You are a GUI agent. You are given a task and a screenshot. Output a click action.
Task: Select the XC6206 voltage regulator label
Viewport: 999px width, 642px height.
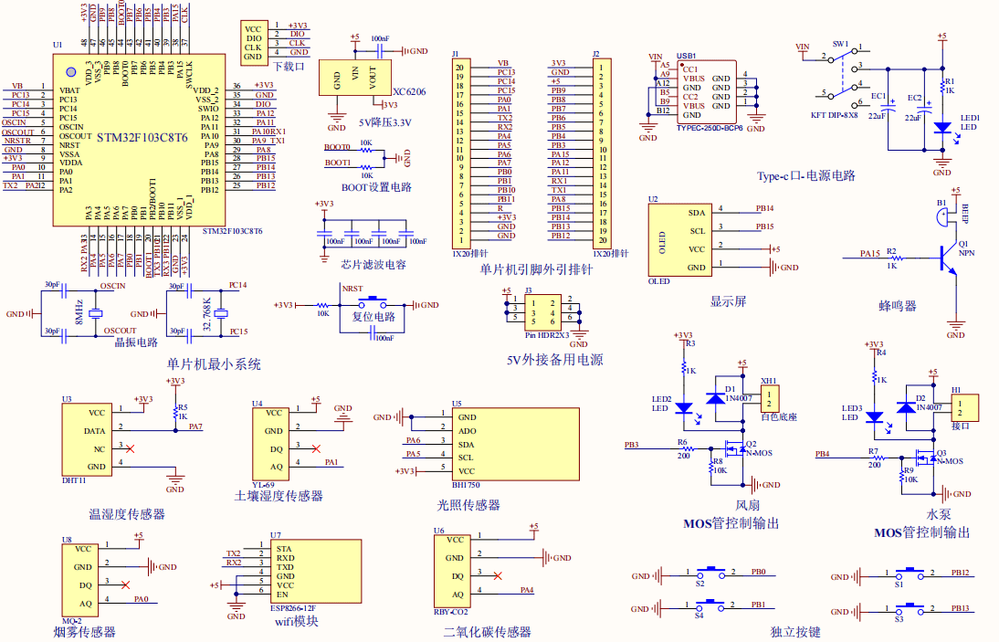click(409, 92)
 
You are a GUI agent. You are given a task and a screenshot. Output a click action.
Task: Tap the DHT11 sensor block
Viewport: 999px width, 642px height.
click(89, 438)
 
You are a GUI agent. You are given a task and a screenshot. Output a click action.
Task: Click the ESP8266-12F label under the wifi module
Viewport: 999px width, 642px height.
click(293, 606)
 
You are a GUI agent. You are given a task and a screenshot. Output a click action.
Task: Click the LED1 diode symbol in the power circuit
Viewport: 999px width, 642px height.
click(941, 129)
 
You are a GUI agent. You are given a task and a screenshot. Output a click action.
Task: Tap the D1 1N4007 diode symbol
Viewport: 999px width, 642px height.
click(718, 399)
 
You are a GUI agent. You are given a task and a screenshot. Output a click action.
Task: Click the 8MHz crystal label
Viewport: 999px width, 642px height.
click(79, 310)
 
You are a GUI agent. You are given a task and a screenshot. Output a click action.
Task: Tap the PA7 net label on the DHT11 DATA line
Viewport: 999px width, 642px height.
click(195, 426)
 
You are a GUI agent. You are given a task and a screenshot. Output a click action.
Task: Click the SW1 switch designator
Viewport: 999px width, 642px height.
click(840, 43)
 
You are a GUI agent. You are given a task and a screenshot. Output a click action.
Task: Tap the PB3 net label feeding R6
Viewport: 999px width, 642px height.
click(632, 445)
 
